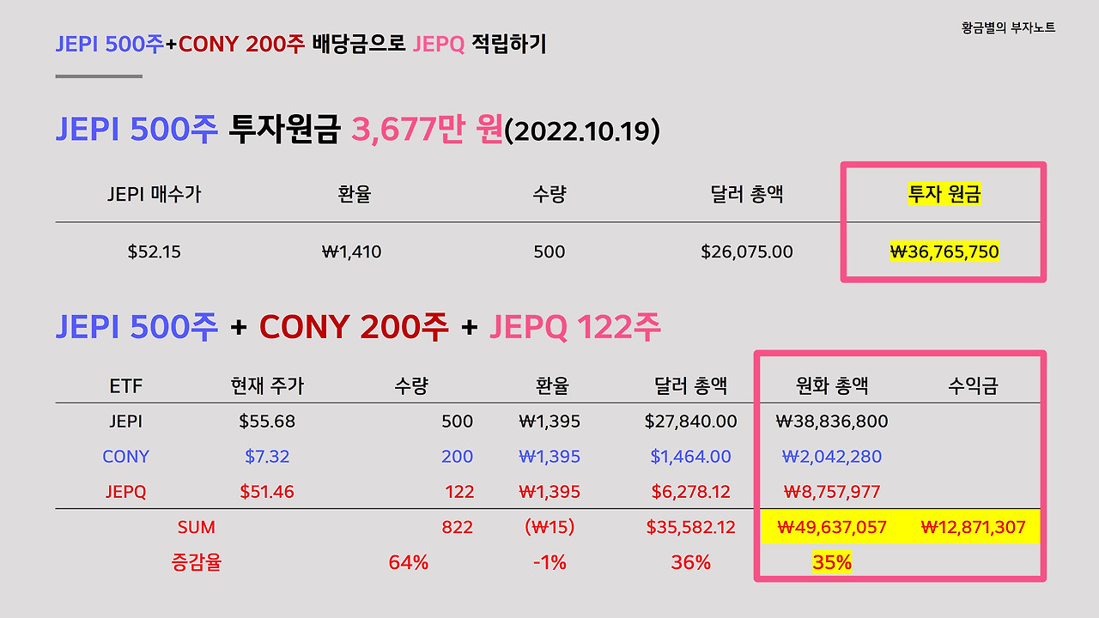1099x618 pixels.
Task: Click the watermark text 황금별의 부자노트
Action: pos(1009,27)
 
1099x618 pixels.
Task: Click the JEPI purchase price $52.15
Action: pos(155,251)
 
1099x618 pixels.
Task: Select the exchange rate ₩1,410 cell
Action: pos(352,251)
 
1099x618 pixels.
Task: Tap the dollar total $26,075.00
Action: pos(747,251)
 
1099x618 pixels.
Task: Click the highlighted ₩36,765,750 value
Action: pos(944,251)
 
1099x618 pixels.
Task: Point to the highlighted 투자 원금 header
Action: pos(944,195)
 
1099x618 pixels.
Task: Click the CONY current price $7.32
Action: pos(267,457)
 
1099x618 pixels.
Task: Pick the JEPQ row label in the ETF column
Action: pos(125,492)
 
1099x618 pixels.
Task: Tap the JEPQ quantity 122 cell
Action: pos(458,492)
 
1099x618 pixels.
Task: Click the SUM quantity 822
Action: pos(457,527)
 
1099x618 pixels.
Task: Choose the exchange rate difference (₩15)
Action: pos(549,527)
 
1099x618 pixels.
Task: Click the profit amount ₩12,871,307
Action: pos(973,527)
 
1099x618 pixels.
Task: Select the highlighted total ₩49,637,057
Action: pos(831,527)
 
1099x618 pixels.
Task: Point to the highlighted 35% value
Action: pos(831,562)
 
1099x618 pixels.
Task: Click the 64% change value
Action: pos(409,562)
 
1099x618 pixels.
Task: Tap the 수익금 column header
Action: pos(973,386)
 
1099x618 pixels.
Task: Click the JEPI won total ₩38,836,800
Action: pos(831,421)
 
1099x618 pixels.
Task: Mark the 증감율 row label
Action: pos(197,562)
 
